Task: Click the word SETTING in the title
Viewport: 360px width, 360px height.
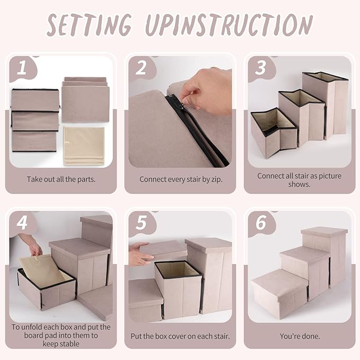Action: [89, 25]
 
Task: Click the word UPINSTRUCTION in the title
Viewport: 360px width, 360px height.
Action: [229, 25]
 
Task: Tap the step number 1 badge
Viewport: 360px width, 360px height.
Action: [22, 68]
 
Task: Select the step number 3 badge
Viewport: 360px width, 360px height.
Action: [261, 68]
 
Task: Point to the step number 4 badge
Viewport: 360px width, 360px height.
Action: [22, 223]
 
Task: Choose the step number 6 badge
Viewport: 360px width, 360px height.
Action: [261, 223]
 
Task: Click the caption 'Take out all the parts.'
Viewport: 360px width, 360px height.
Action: [61, 179]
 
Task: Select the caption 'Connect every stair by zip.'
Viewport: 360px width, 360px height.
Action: [181, 179]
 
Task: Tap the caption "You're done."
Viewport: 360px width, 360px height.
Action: [300, 336]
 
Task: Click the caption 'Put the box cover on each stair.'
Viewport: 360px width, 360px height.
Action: [180, 336]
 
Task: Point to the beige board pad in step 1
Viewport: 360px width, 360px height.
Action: [84, 146]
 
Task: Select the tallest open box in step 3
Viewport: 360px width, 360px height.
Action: [326, 105]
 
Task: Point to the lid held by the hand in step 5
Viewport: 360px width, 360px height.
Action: [163, 250]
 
